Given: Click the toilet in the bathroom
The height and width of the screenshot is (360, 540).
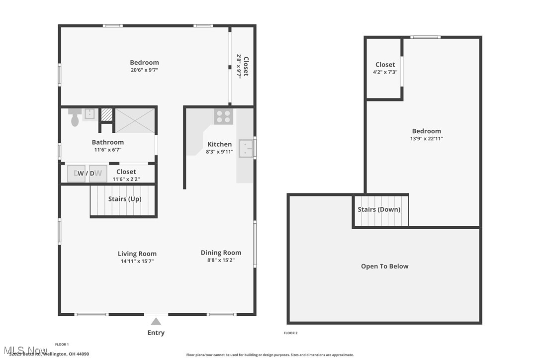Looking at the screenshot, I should [x=75, y=118].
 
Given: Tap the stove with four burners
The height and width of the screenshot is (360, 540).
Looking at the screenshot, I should [x=223, y=116].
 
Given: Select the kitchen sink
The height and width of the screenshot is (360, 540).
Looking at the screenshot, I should [x=246, y=148].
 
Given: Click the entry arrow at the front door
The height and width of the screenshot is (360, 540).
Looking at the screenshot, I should [x=156, y=321].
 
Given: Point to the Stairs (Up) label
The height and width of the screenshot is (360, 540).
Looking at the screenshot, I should [x=125, y=199].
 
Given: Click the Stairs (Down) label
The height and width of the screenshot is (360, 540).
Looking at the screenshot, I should [x=379, y=209].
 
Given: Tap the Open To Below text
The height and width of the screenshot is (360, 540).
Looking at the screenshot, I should [x=384, y=266].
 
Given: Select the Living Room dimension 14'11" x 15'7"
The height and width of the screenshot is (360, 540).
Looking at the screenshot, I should [x=137, y=261].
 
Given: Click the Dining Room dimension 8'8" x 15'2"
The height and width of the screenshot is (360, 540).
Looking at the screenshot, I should [x=221, y=260].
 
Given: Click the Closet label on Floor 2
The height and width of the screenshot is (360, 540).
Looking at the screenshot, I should [x=385, y=65].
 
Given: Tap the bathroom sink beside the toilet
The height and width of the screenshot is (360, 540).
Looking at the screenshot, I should [x=90, y=114].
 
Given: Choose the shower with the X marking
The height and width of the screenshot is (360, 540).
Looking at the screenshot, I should [x=135, y=120].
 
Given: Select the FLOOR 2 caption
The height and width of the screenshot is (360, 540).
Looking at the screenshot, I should [x=290, y=333].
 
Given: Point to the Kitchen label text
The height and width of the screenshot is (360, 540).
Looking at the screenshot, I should [x=219, y=144].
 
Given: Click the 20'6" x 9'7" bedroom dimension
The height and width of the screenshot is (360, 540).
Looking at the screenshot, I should [x=144, y=70].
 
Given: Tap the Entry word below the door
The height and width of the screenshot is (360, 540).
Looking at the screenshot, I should [x=156, y=333].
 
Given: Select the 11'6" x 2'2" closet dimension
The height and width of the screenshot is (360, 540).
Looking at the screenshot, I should [x=126, y=179].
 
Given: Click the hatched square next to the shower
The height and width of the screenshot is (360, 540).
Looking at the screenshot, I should [x=106, y=114].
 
